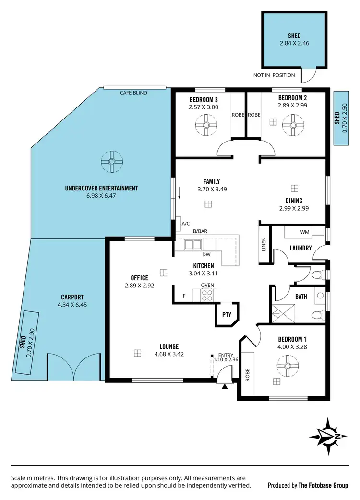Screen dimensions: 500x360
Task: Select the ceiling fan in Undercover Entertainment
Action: pyautogui.click(x=112, y=162)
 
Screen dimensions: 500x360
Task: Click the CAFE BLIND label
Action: pyautogui.click(x=133, y=93)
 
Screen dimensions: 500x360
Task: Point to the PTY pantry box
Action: pyautogui.click(x=227, y=315)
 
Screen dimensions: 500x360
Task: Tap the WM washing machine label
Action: pyautogui.click(x=304, y=232)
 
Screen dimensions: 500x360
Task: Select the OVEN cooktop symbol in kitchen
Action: pyautogui.click(x=206, y=295)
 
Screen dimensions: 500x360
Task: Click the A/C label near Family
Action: pyautogui.click(x=185, y=223)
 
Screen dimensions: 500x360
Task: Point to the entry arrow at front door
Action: pyautogui.click(x=224, y=386)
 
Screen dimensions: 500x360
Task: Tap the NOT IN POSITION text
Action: pyautogui.click(x=275, y=75)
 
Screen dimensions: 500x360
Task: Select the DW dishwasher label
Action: pyautogui.click(x=207, y=255)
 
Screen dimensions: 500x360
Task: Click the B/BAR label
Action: pyautogui.click(x=199, y=232)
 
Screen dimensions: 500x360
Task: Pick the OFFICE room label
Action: pyautogui.click(x=139, y=278)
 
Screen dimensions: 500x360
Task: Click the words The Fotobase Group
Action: pyautogui.click(x=323, y=485)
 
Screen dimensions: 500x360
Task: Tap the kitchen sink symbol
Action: pyautogui.click(x=193, y=245)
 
